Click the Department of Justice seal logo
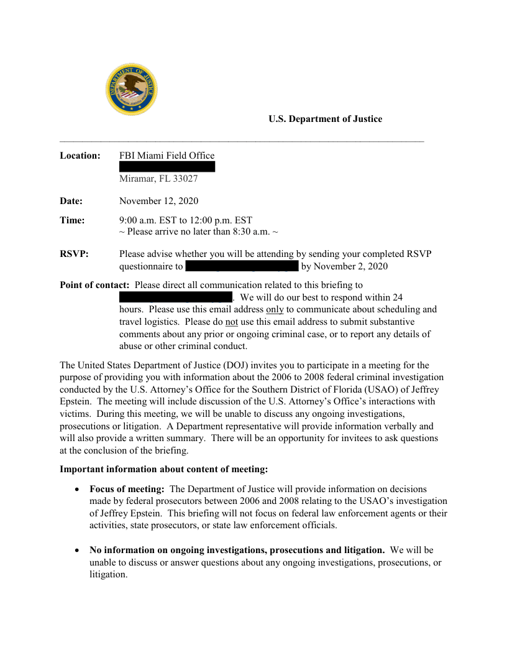point(131,89)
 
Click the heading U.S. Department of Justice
point(325,119)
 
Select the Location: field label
point(80,156)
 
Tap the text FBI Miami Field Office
point(167,156)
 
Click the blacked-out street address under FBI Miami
point(167,167)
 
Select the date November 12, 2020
point(158,201)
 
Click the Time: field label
point(72,220)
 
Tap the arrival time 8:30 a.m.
point(250,231)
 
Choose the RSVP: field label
point(74,254)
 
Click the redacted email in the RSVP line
point(242,266)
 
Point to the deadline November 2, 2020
point(352,266)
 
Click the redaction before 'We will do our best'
point(175,297)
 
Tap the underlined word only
point(275,309)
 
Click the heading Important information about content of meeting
point(163,468)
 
